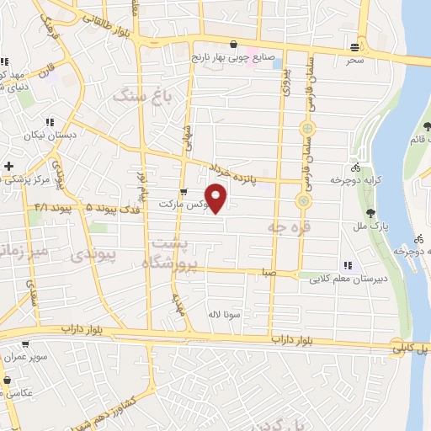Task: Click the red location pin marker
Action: pyautogui.click(x=217, y=197)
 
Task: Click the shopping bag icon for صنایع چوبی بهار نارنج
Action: pyautogui.click(x=233, y=45)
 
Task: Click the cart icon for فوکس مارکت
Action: pyautogui.click(x=183, y=192)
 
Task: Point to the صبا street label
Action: pyautogui.click(x=269, y=273)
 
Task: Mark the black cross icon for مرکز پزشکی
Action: pyautogui.click(x=8, y=166)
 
